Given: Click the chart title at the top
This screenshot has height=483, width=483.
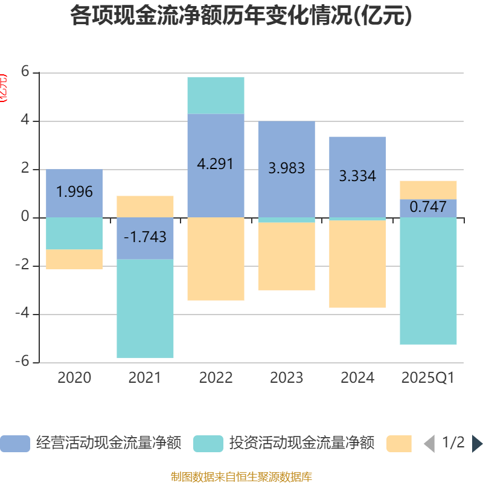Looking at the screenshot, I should click(241, 16).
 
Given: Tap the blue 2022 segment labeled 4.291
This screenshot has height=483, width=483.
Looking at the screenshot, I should click(216, 165).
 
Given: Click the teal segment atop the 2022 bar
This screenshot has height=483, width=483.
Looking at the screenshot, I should click(216, 95).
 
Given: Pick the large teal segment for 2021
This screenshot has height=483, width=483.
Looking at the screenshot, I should click(145, 309).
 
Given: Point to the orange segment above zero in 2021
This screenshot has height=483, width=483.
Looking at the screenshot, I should click(145, 206).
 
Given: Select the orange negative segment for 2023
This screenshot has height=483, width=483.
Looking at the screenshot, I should click(286, 257).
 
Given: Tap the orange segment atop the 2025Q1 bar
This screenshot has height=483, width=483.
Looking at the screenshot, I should click(428, 190).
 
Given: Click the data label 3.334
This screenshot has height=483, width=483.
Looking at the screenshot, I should click(357, 176).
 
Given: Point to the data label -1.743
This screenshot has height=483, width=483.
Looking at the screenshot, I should click(145, 237).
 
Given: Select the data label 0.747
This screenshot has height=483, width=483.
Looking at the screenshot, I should click(428, 207).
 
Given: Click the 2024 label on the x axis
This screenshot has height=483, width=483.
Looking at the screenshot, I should click(357, 378).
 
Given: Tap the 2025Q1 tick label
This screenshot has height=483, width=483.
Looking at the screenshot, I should click(428, 378).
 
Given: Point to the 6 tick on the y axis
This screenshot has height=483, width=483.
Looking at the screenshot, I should click(25, 72).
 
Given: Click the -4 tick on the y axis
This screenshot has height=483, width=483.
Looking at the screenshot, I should click(23, 314).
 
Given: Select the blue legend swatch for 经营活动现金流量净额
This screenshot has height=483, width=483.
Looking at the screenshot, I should click(14, 444).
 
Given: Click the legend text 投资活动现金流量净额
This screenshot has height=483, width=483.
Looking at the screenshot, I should click(301, 444).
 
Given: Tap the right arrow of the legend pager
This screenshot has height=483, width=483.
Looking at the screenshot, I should click(477, 444).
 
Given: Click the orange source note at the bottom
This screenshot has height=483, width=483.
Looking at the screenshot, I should click(241, 477).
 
